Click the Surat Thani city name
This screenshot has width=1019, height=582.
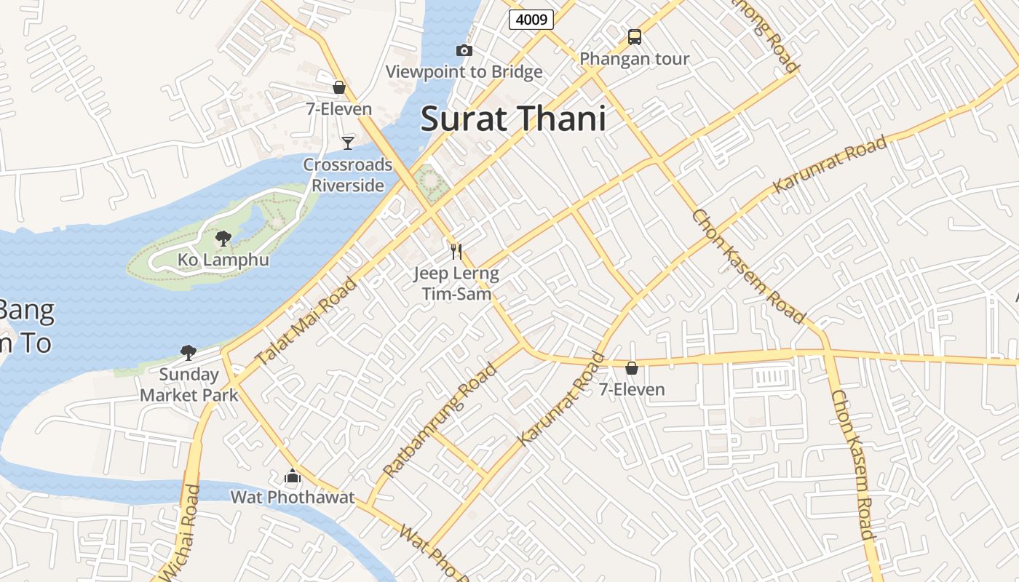click(x=513, y=119)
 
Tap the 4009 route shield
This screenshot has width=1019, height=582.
click(x=531, y=20)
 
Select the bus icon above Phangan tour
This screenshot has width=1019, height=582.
click(x=634, y=37)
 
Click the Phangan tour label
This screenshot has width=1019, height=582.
click(x=634, y=59)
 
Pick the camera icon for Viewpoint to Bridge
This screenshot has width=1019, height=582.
click(x=464, y=50)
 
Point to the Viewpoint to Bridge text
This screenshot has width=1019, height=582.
click(x=464, y=71)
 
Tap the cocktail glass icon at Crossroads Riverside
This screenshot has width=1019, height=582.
click(x=348, y=143)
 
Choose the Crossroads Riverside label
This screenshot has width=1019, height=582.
click(x=348, y=175)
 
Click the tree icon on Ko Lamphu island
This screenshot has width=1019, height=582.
click(x=223, y=238)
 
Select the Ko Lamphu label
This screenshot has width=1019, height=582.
click(x=223, y=260)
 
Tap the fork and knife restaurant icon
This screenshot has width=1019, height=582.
click(x=456, y=252)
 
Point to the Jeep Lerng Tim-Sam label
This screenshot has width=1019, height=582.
click(x=456, y=284)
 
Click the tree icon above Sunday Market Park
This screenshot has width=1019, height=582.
click(x=189, y=353)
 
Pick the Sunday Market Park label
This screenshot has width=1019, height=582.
click(x=189, y=385)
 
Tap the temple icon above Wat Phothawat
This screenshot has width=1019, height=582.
click(x=293, y=477)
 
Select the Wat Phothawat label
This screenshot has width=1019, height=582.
click(x=293, y=498)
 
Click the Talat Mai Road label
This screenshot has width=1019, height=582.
click(x=306, y=321)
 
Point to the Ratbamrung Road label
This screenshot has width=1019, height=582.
click(x=440, y=420)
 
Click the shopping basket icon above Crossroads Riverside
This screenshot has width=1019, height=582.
click(x=338, y=87)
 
